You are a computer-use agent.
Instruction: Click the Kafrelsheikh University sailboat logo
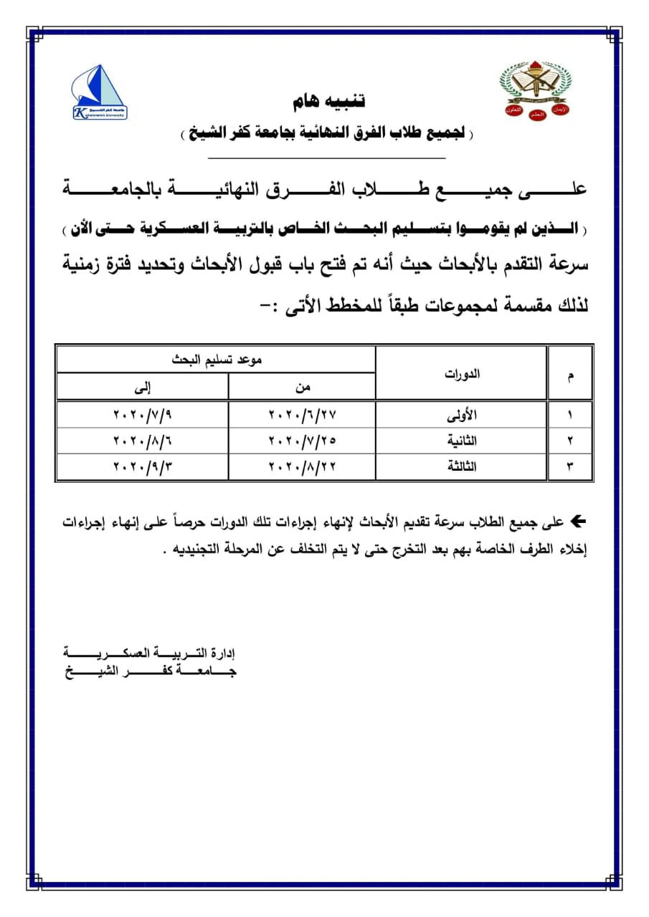tap(99, 92)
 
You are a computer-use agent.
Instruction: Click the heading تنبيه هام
tap(329, 101)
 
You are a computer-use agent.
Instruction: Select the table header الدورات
tap(463, 374)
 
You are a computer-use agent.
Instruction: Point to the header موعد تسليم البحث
tap(216, 360)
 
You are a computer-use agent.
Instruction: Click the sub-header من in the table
tap(303, 388)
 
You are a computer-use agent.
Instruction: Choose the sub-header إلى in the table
tap(143, 388)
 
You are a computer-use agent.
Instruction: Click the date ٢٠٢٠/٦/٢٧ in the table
tap(303, 415)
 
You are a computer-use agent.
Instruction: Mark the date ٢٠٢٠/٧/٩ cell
tap(143, 415)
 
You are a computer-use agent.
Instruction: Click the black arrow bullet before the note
tap(577, 522)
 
